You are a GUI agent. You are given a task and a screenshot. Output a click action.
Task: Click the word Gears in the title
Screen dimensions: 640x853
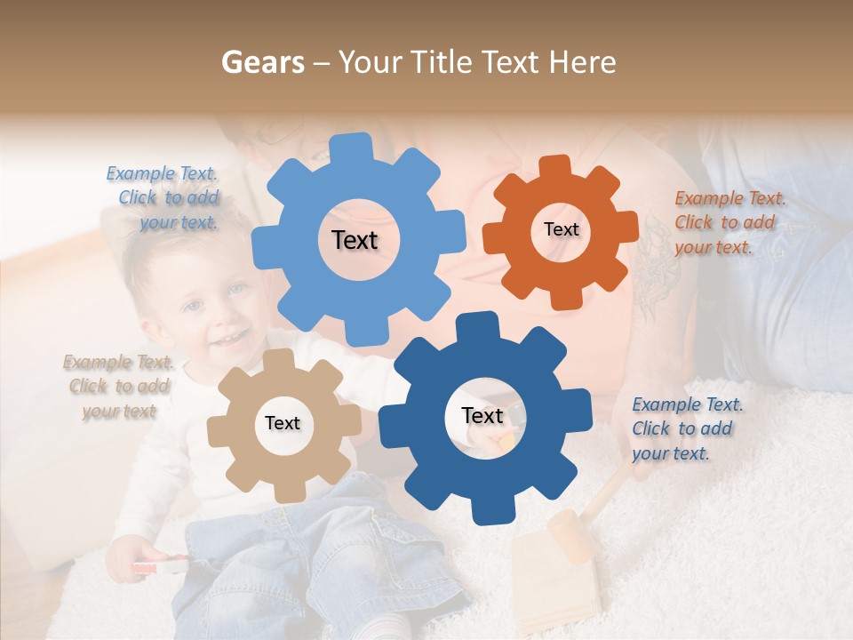[x=262, y=62]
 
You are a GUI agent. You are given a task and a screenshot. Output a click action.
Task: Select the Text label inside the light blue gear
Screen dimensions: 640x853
[x=355, y=240]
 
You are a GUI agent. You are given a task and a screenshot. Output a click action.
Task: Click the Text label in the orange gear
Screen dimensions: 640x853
[x=561, y=229]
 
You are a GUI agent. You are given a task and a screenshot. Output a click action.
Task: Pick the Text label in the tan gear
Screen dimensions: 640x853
[x=283, y=423]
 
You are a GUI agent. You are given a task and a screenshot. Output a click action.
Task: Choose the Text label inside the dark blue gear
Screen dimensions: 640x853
[x=482, y=415]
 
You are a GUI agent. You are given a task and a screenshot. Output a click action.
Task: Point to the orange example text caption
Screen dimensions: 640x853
[x=729, y=222]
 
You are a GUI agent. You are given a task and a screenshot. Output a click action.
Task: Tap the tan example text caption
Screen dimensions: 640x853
[x=118, y=386]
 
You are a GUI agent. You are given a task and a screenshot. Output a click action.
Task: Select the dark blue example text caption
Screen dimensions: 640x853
[x=686, y=428]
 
